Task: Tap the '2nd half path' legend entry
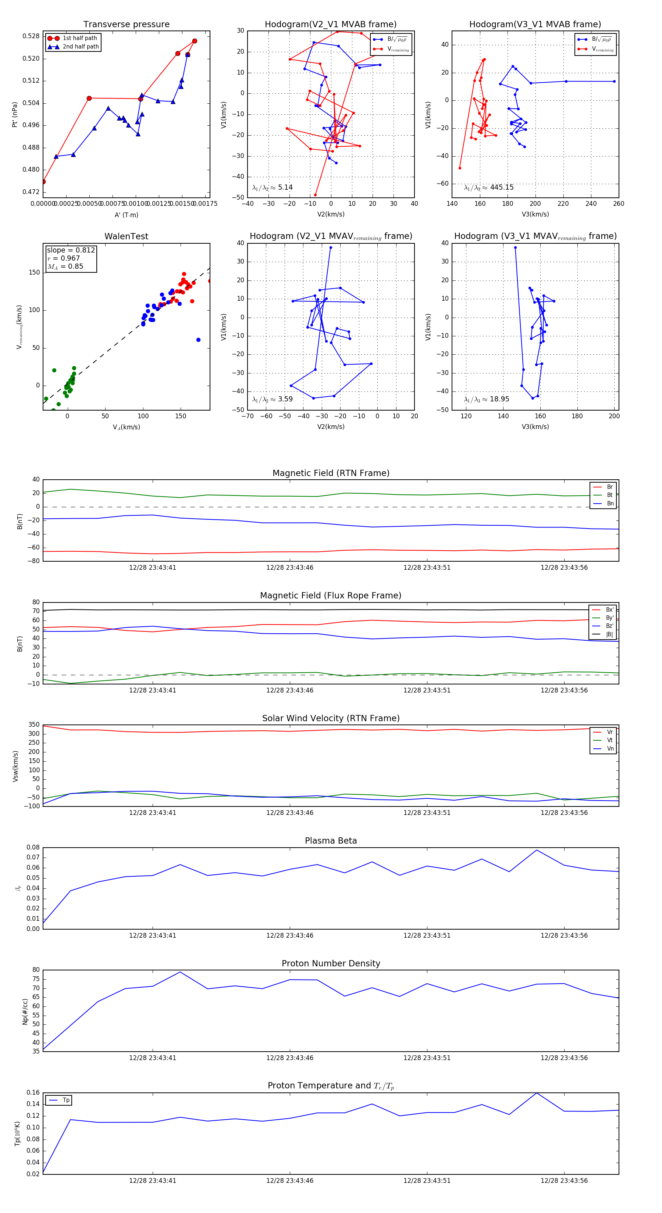[81, 47]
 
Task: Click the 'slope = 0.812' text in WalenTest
[71, 250]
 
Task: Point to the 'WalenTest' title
[126, 236]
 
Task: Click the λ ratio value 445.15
[501, 187]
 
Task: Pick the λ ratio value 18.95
[499, 399]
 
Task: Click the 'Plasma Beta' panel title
[331, 841]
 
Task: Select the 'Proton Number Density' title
[331, 963]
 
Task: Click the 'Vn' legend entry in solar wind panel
[610, 749]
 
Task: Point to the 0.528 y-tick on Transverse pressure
[31, 36]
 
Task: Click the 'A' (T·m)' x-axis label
[126, 215]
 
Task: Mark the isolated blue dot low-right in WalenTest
[198, 340]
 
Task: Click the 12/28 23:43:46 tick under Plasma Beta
[289, 935]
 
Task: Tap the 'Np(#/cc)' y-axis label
[25, 1012]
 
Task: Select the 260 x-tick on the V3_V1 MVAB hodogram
[618, 204]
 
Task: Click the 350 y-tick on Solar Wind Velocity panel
[34, 725]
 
